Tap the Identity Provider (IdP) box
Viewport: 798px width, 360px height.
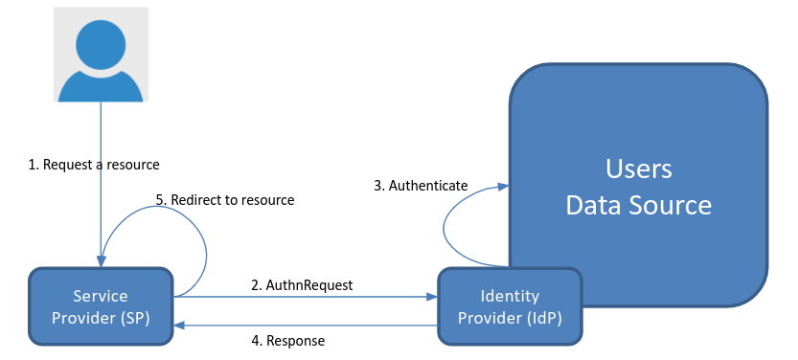coord(509,306)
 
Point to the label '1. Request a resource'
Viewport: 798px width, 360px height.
coord(93,164)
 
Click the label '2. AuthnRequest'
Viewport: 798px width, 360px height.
coord(302,284)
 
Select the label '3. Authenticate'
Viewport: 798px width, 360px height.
coord(420,185)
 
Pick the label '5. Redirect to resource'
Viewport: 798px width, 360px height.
coord(224,200)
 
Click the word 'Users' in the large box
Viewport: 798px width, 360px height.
coord(639,169)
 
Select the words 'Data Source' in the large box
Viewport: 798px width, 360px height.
coord(639,205)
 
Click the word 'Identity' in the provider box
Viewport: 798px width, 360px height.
coord(509,296)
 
